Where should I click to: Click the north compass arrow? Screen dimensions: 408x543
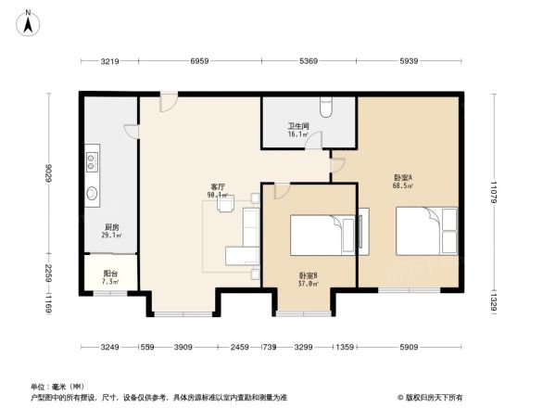pyautogui.click(x=31, y=19)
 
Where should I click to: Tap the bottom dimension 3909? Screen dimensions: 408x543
pyautogui.click(x=183, y=348)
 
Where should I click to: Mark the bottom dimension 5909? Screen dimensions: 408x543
pyautogui.click(x=408, y=348)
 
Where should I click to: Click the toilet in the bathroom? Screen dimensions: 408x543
pyautogui.click(x=320, y=104)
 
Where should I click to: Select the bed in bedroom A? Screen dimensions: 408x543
pyautogui.click(x=426, y=230)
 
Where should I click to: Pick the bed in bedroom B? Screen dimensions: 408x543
pyautogui.click(x=320, y=236)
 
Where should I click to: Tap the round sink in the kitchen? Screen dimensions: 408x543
pyautogui.click(x=94, y=194)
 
